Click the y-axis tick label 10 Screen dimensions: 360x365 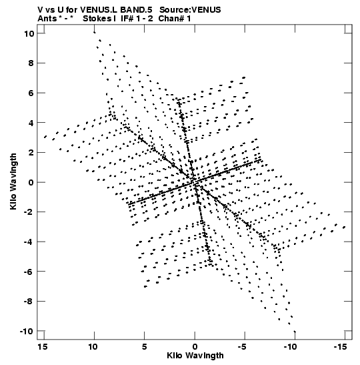[x=29, y=34]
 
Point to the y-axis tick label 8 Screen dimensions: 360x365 [x=31, y=63]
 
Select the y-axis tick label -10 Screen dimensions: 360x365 [x=27, y=331]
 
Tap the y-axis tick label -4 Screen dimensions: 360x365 [x=29, y=242]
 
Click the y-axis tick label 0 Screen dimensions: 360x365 [x=31, y=183]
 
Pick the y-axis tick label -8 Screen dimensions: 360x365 [x=29, y=302]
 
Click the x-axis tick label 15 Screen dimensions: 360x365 [x=42, y=347]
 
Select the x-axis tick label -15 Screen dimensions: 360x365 [x=341, y=347]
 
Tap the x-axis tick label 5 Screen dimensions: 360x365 [x=145, y=347]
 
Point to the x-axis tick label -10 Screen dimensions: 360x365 [x=290, y=347]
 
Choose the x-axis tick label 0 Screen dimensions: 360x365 [x=195, y=347]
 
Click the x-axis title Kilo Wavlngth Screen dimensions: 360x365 [x=195, y=356]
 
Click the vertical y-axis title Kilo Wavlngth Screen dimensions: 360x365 [x=13, y=181]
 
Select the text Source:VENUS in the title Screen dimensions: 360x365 [x=190, y=10]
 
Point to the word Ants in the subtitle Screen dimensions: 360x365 [x=47, y=19]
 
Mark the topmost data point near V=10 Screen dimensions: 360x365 [x=94, y=32]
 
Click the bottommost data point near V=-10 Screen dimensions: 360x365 [x=295, y=332]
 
